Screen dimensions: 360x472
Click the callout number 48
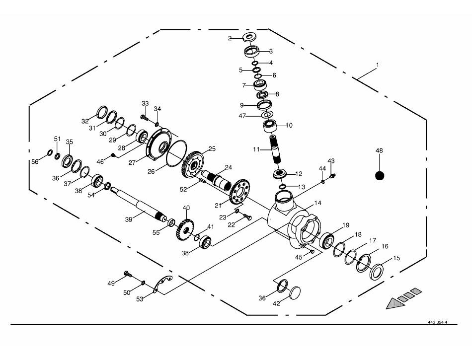pos(380,150)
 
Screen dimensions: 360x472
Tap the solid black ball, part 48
pos(380,176)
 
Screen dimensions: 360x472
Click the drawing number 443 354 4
pos(437,322)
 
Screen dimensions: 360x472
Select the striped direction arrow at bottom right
pos(403,297)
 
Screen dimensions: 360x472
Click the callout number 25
pos(212,148)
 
